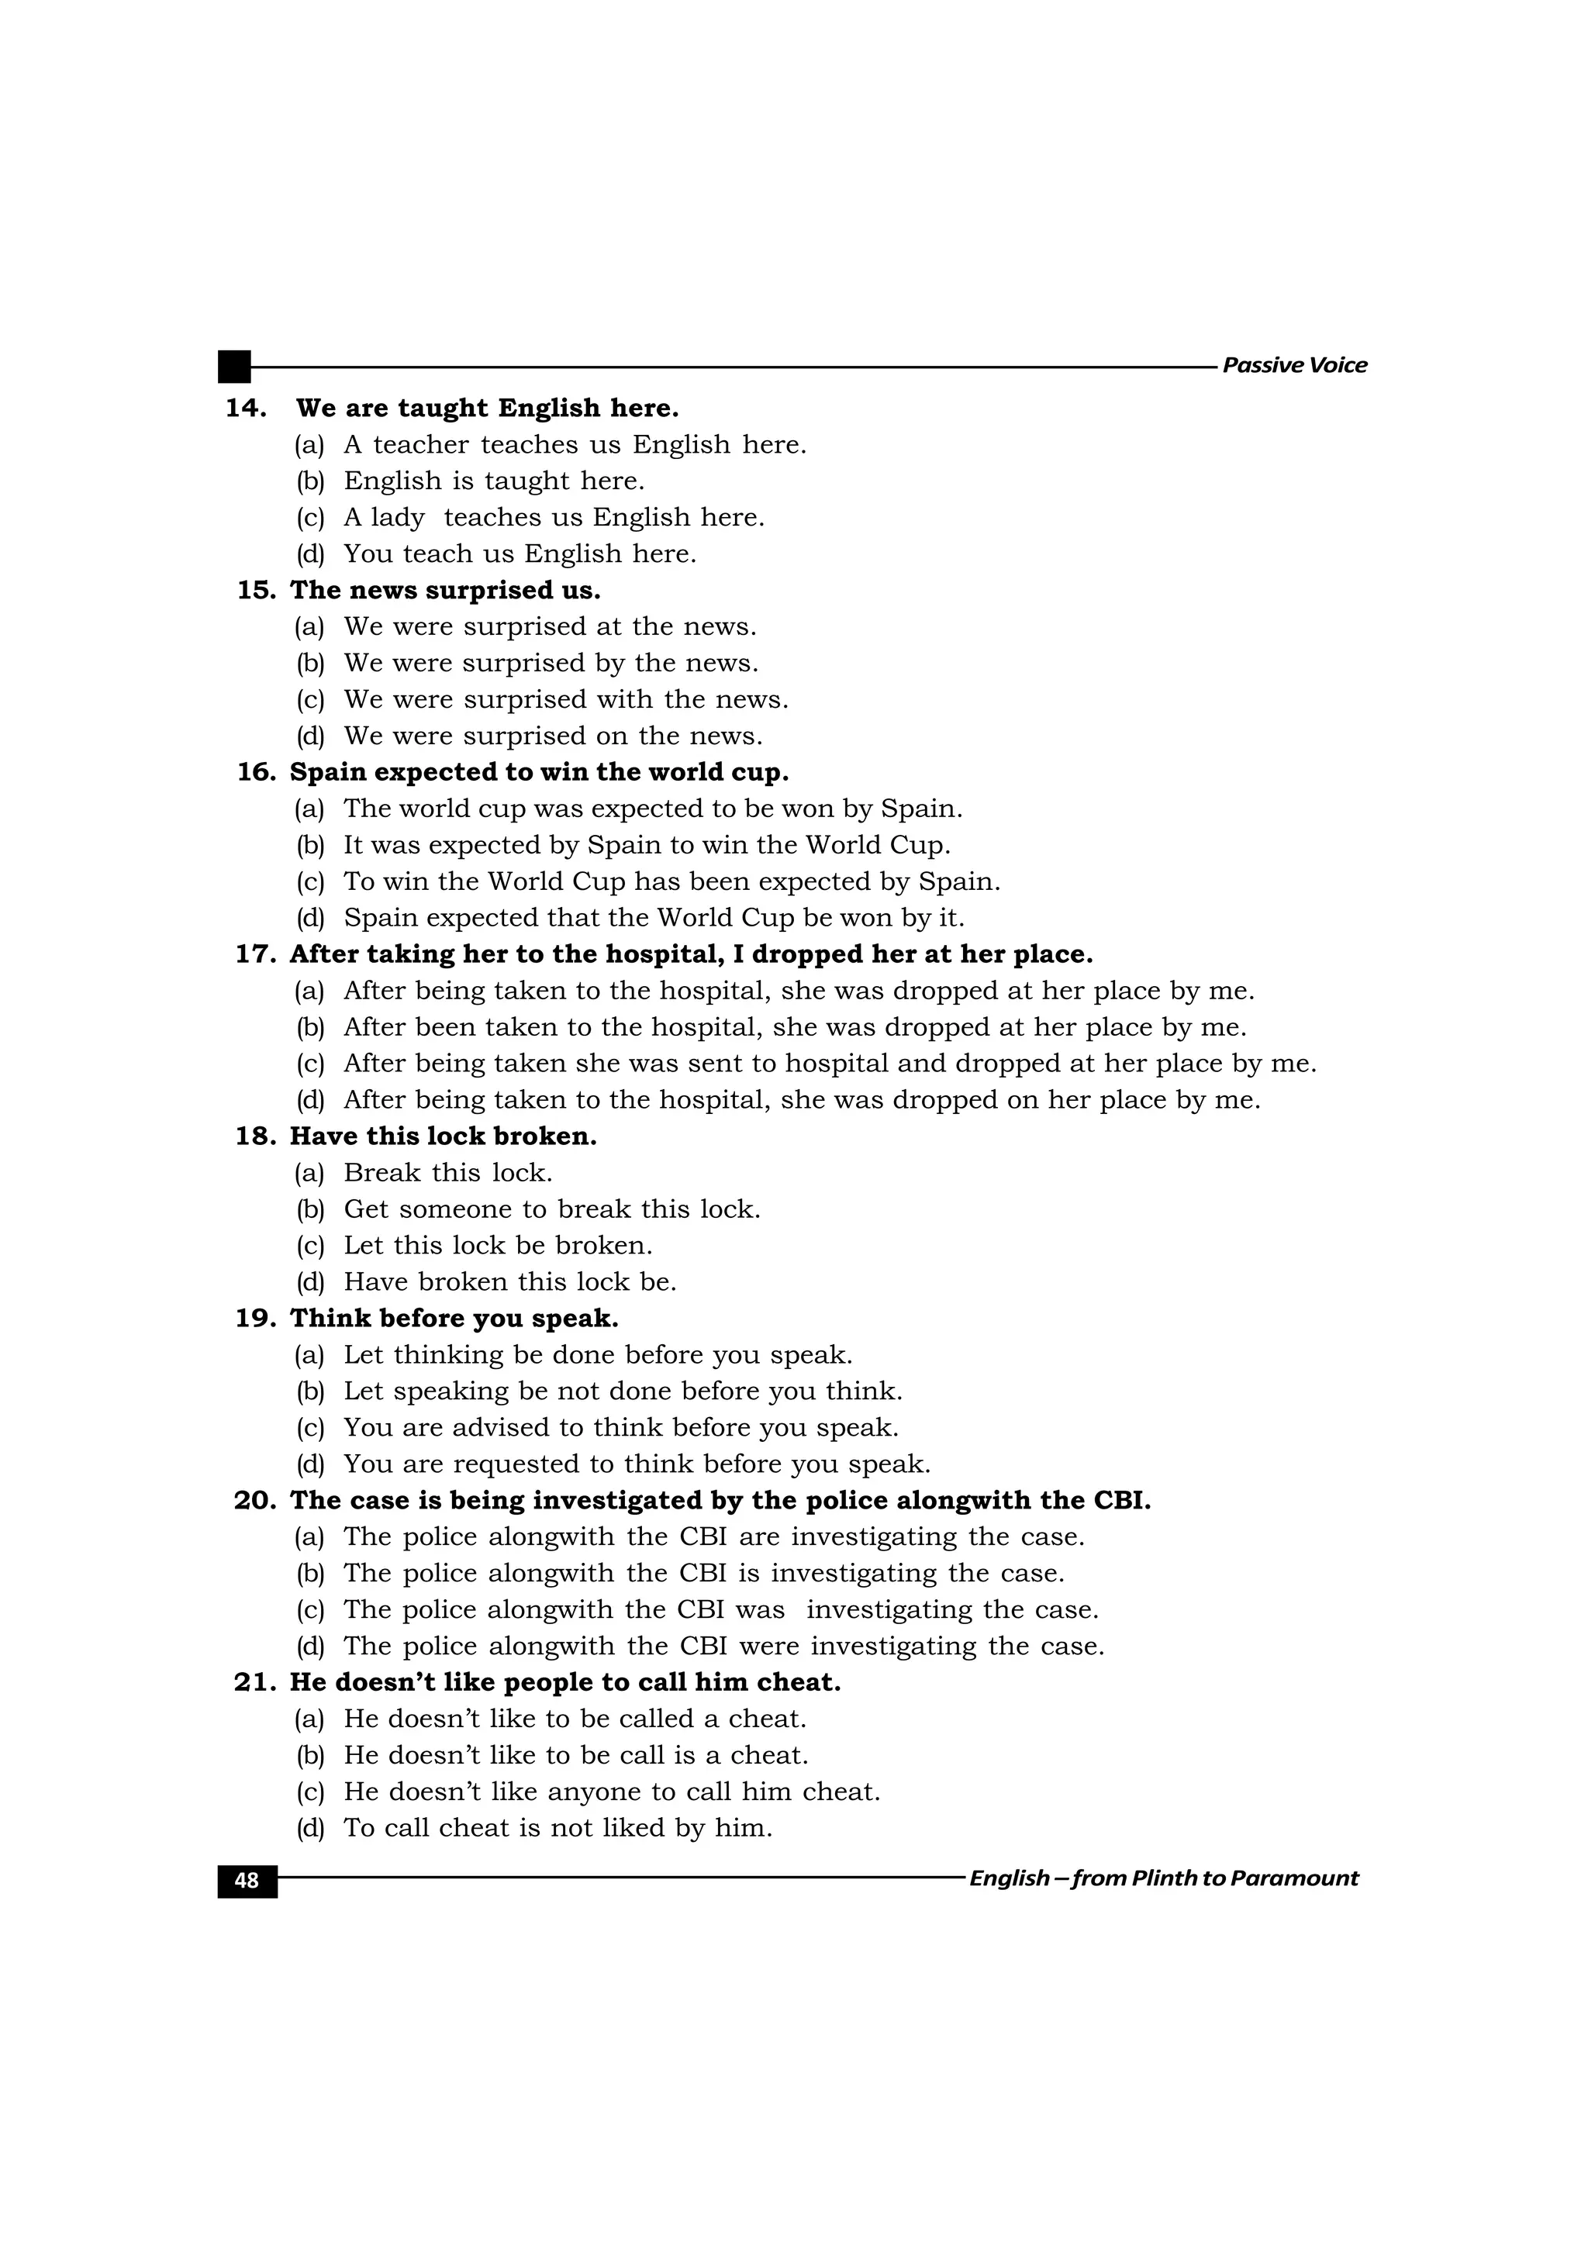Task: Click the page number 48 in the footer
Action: coord(247,1881)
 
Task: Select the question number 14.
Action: coord(246,408)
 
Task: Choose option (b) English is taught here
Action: coord(494,481)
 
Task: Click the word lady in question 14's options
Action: coord(397,517)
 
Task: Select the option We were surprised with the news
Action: coord(565,700)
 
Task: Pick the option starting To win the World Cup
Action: coord(671,882)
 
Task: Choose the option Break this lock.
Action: coord(448,1172)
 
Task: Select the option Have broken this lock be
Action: coord(509,1282)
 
